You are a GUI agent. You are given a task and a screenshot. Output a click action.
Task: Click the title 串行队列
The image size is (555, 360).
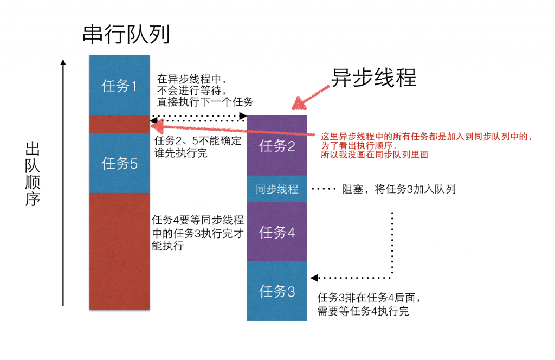tap(126, 35)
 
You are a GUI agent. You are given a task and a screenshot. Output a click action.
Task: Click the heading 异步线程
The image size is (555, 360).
tap(374, 78)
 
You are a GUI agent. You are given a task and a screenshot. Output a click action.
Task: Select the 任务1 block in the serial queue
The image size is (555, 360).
tap(119, 86)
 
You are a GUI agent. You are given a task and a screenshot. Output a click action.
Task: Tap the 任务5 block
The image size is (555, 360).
tap(119, 163)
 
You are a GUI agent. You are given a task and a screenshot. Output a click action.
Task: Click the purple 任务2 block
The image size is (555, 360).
tap(277, 145)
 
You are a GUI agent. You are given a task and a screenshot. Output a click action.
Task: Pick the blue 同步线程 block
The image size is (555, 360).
tap(277, 189)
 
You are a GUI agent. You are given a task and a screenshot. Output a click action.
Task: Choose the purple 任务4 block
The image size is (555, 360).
tap(277, 232)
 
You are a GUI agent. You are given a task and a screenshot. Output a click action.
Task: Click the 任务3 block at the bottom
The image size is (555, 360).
tap(277, 291)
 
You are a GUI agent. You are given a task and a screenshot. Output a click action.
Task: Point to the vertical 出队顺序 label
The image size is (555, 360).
tap(34, 173)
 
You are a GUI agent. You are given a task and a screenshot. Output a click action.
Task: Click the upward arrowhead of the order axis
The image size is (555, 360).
tap(64, 62)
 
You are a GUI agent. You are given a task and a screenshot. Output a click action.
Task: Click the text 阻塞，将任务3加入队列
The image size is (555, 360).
tap(398, 189)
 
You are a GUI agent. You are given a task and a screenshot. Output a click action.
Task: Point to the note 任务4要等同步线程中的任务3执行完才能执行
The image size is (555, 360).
tap(198, 232)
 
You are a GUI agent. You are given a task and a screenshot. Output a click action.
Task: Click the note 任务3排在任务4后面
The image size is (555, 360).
tap(369, 304)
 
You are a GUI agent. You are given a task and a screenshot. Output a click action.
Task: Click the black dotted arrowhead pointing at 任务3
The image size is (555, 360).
tap(314, 278)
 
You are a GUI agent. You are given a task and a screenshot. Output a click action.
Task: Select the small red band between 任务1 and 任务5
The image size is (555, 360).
tap(119, 124)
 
